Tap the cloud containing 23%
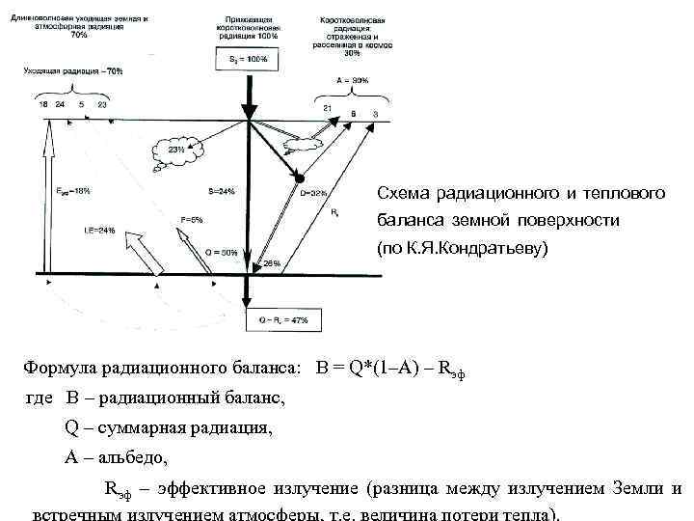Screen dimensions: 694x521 (177, 150)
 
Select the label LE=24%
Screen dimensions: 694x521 (99, 230)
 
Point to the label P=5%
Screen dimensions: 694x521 (192, 220)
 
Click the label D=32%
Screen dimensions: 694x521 (313, 192)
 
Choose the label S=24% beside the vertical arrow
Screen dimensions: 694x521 (221, 191)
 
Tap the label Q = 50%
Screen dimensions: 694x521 (223, 253)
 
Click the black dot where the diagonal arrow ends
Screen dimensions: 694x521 (299, 178)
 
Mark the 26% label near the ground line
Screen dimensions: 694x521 (272, 262)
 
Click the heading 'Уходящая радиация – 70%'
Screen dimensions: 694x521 (74, 71)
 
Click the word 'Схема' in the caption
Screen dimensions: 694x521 (403, 194)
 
